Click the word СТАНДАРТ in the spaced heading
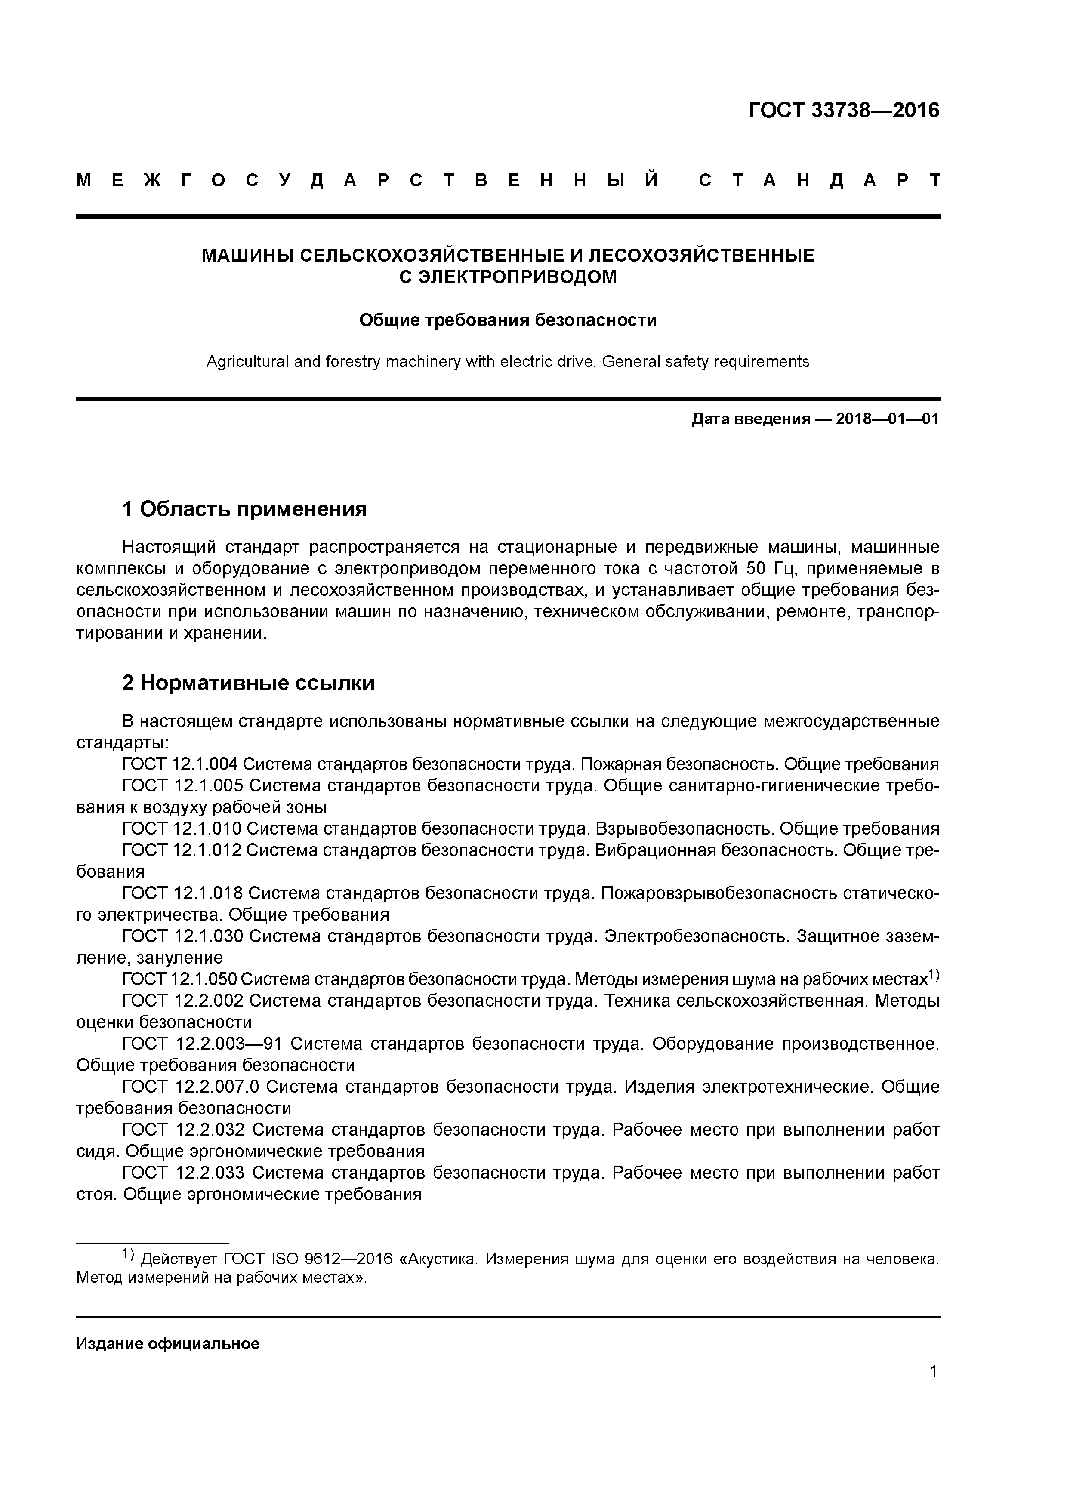tap(818, 180)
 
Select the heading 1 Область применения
tap(244, 509)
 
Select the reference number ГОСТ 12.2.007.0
tap(191, 1087)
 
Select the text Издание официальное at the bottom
tap(168, 1344)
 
